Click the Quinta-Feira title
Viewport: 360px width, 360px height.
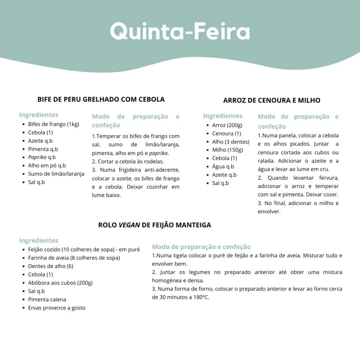[180, 32]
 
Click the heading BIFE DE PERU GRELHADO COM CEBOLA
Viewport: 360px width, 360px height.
[101, 99]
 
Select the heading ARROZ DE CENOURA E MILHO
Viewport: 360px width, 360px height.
[271, 100]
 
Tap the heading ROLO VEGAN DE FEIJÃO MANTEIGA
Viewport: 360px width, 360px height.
[155, 225]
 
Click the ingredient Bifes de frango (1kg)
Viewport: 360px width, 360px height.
[53, 124]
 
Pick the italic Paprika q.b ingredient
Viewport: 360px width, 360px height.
[42, 157]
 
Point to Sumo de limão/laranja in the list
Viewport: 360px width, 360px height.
[56, 174]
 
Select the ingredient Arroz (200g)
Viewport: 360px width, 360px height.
[227, 125]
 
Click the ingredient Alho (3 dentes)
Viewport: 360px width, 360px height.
[231, 142]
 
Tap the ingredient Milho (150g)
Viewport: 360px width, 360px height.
[227, 150]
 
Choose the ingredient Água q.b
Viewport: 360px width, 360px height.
[223, 167]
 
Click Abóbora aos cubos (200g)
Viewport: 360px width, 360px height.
[60, 283]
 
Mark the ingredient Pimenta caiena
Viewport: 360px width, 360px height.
[47, 300]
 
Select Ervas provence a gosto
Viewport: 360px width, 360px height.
[57, 308]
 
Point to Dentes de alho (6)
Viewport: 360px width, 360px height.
[51, 266]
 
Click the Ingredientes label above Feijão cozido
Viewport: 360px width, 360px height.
[39, 240]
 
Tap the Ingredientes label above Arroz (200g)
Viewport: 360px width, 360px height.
[223, 116]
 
